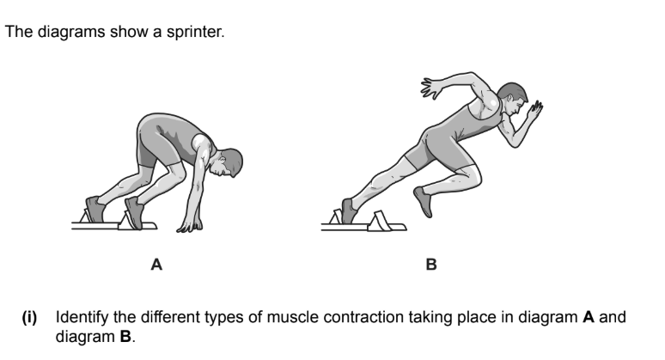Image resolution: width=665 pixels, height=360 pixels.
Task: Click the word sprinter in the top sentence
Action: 198,34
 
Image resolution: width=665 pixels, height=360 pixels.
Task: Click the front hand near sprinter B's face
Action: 536,112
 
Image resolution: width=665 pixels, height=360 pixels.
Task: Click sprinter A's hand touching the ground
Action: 187,227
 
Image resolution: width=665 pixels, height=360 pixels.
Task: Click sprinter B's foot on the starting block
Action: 347,211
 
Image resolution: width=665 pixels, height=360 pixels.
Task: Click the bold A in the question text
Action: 589,318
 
